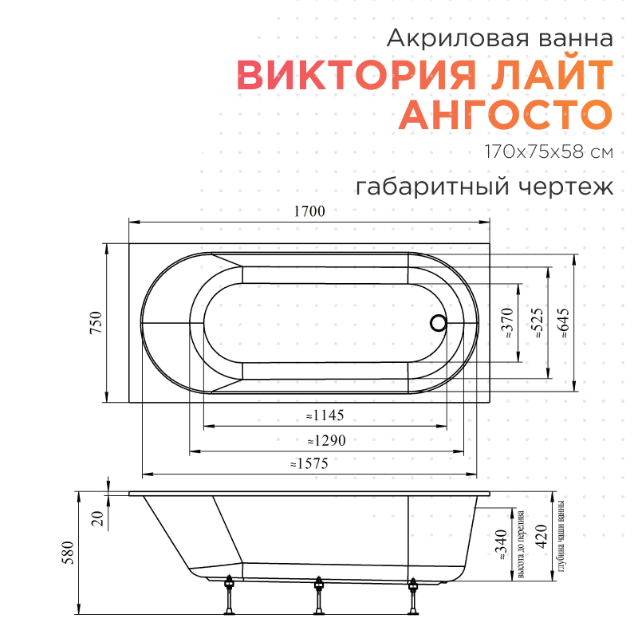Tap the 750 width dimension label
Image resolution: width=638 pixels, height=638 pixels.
[x=96, y=323]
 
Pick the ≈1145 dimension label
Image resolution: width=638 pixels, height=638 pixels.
[x=324, y=415]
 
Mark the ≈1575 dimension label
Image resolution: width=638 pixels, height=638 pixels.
[x=309, y=463]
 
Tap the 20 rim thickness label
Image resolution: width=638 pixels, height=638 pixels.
[x=97, y=519]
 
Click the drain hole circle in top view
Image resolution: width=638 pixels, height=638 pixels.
[x=438, y=323]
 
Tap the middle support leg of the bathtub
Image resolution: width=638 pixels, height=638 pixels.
[x=320, y=597]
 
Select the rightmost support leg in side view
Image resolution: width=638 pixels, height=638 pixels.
[x=413, y=597]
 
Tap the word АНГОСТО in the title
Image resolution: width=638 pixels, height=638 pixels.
[x=506, y=115]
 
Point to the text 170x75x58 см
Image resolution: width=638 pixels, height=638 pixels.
[x=549, y=152]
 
